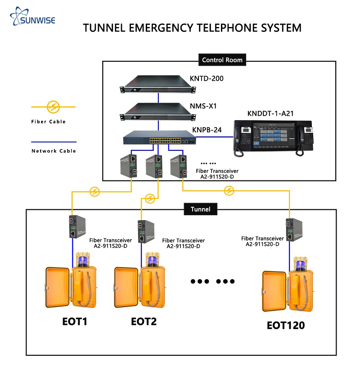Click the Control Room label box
(x=222, y=60)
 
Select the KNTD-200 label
(x=207, y=79)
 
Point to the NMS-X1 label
(x=203, y=107)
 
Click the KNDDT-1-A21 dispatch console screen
(x=273, y=138)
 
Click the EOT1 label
(x=75, y=322)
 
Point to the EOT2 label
(x=144, y=322)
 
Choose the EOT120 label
(x=286, y=325)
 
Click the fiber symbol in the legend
(x=53, y=107)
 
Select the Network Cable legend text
(x=54, y=151)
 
